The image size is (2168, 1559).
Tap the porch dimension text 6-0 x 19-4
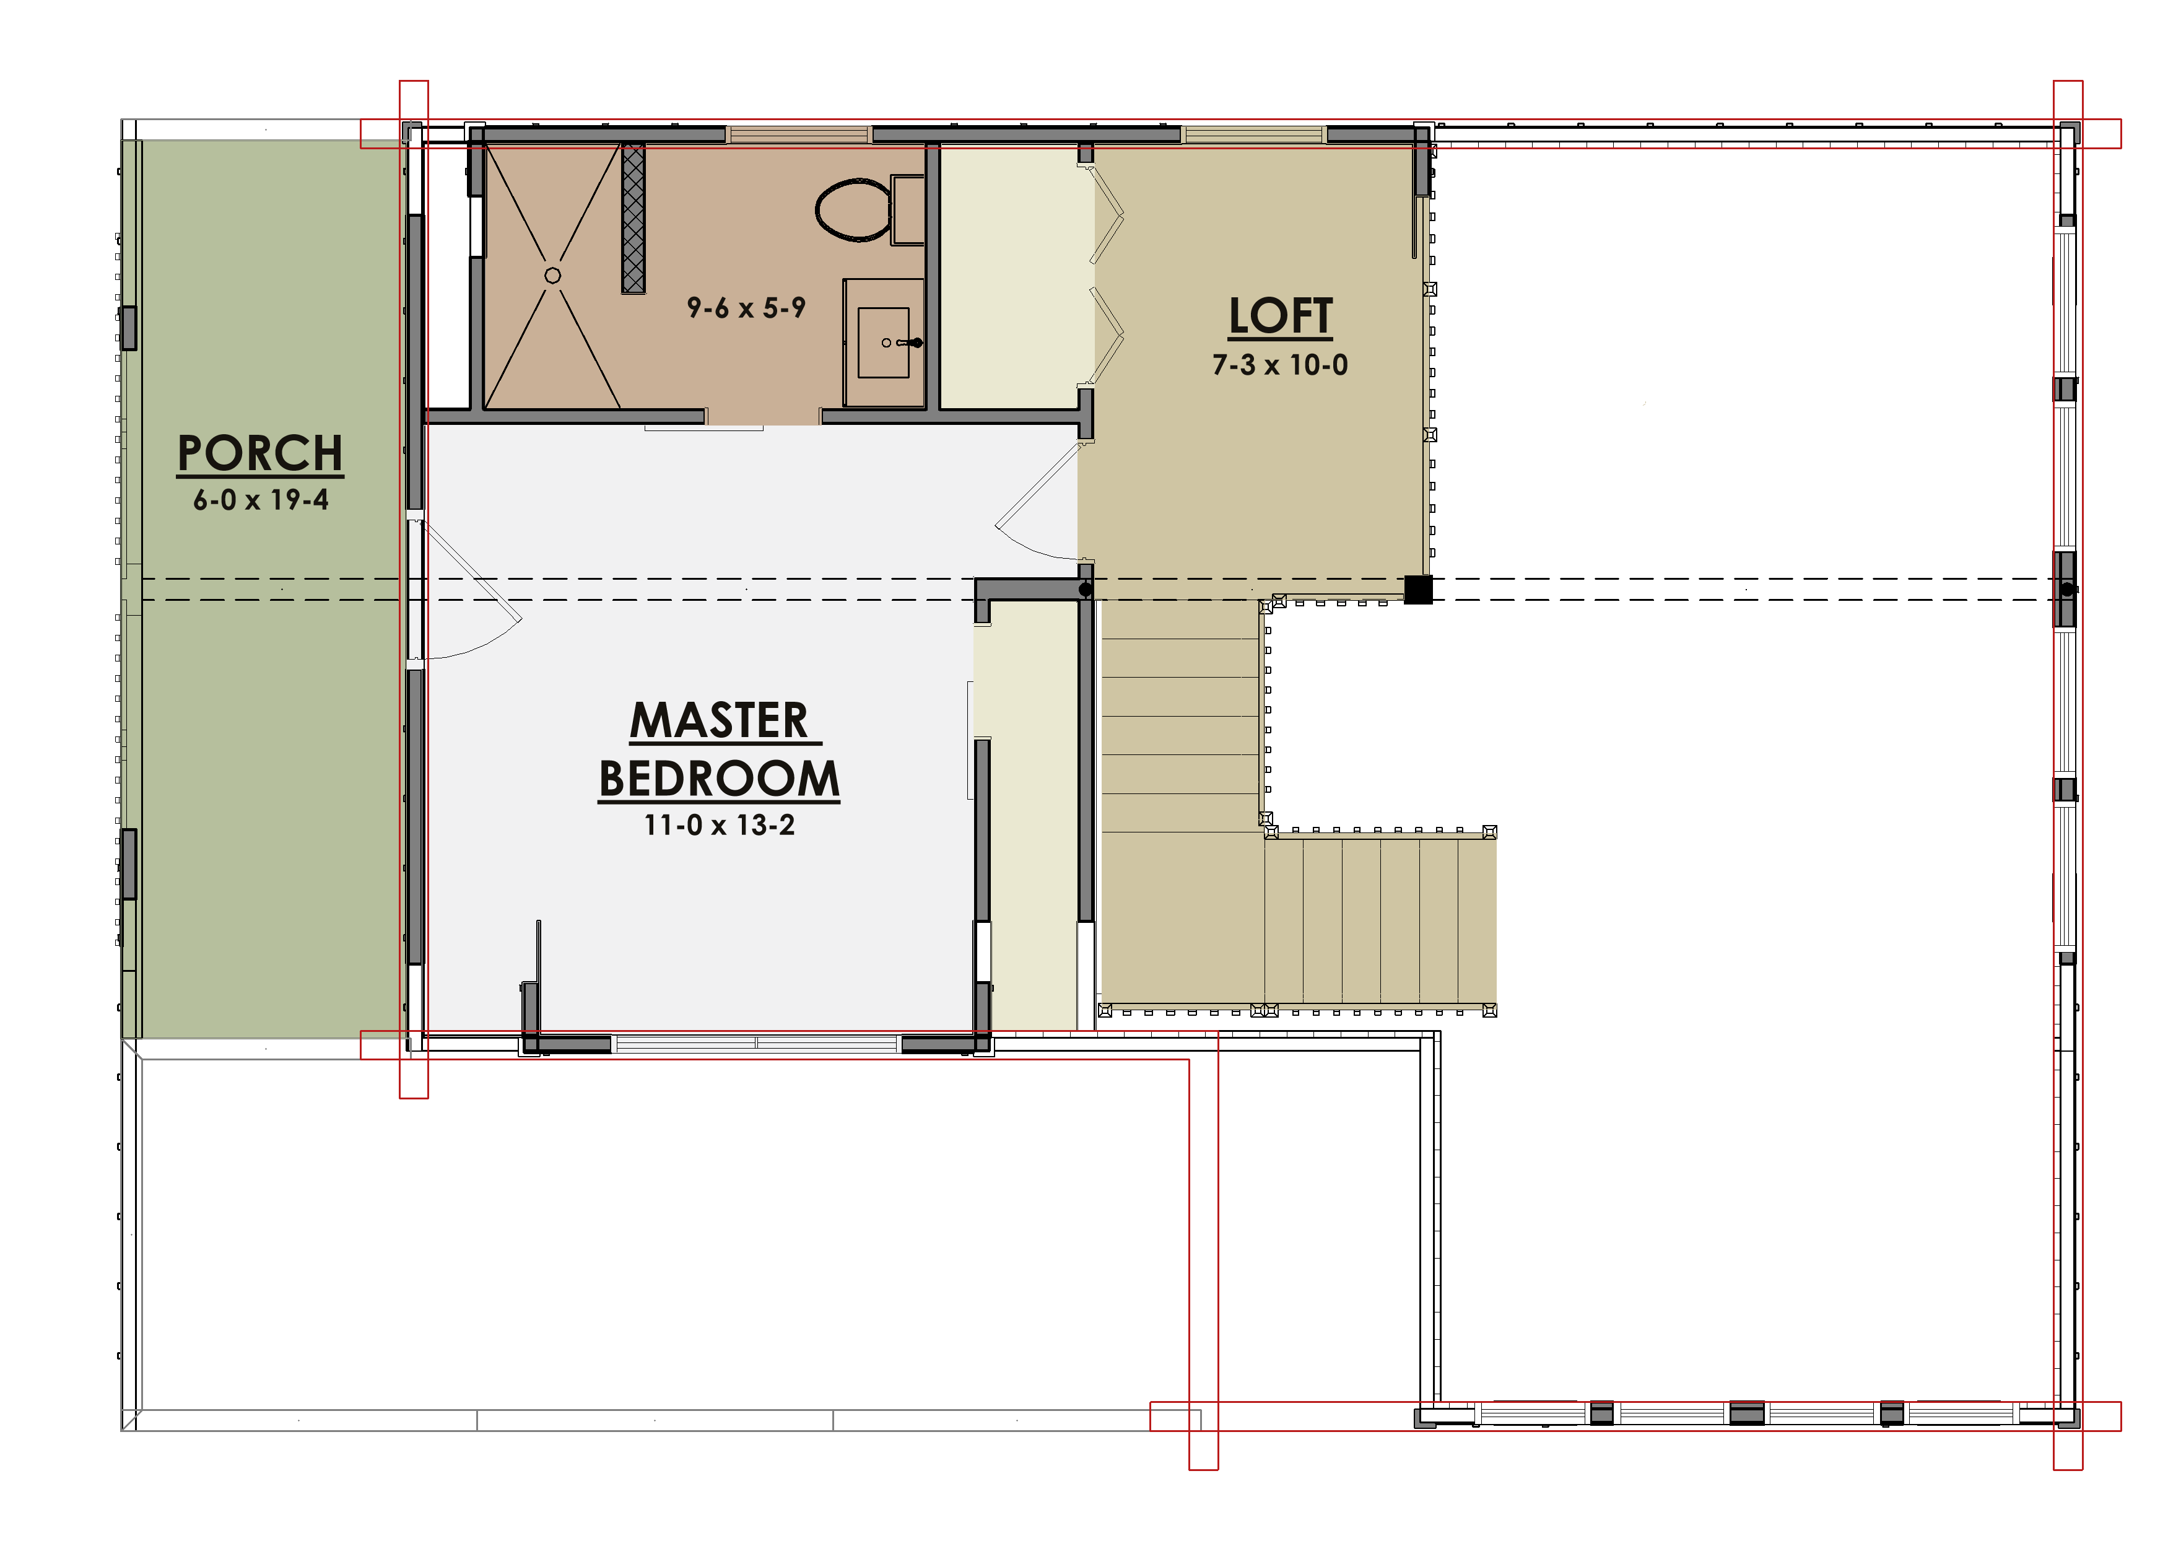pyautogui.click(x=261, y=500)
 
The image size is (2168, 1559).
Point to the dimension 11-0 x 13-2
pyautogui.click(x=719, y=825)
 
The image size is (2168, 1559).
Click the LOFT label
pyautogui.click(x=1280, y=315)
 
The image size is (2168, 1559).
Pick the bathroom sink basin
pyautogui.click(x=883, y=342)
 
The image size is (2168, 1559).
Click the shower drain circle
pyautogui.click(x=552, y=275)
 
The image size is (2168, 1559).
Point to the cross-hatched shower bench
pyautogui.click(x=633, y=219)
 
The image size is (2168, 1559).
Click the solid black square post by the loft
pyautogui.click(x=1417, y=589)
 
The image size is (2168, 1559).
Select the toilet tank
pyautogui.click(x=907, y=209)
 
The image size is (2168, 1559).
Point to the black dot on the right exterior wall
pyautogui.click(x=2066, y=590)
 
